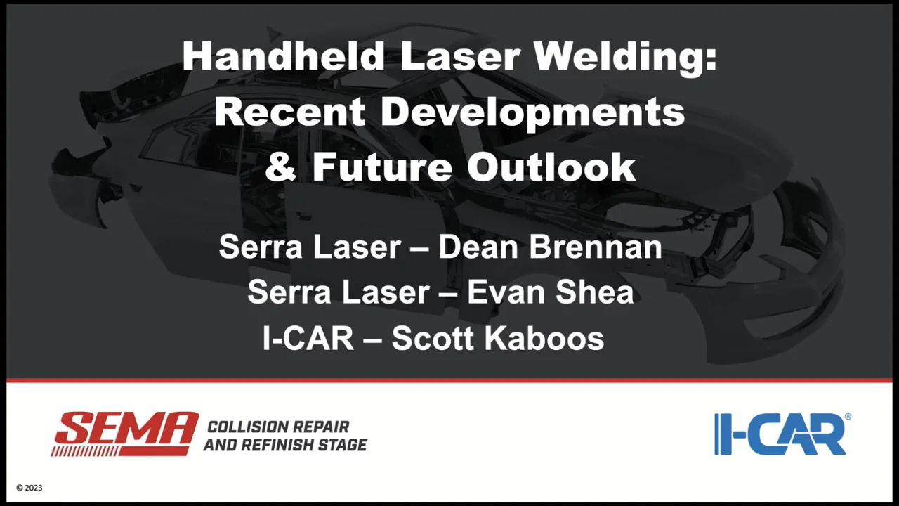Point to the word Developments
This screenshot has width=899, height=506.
[x=530, y=112]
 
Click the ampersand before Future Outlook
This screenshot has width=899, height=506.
[x=281, y=167]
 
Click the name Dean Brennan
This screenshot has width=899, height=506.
[x=551, y=247]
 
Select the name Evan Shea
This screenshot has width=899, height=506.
[x=551, y=292]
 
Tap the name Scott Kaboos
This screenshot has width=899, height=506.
[x=497, y=338]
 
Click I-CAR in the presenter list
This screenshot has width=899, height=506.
[x=308, y=338]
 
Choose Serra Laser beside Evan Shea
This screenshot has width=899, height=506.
[x=337, y=292]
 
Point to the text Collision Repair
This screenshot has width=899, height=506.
[x=277, y=427]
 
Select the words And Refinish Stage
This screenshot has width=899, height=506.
[x=284, y=445]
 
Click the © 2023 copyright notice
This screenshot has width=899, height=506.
[x=29, y=488]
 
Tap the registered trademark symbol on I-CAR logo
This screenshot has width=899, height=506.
[x=847, y=417]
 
